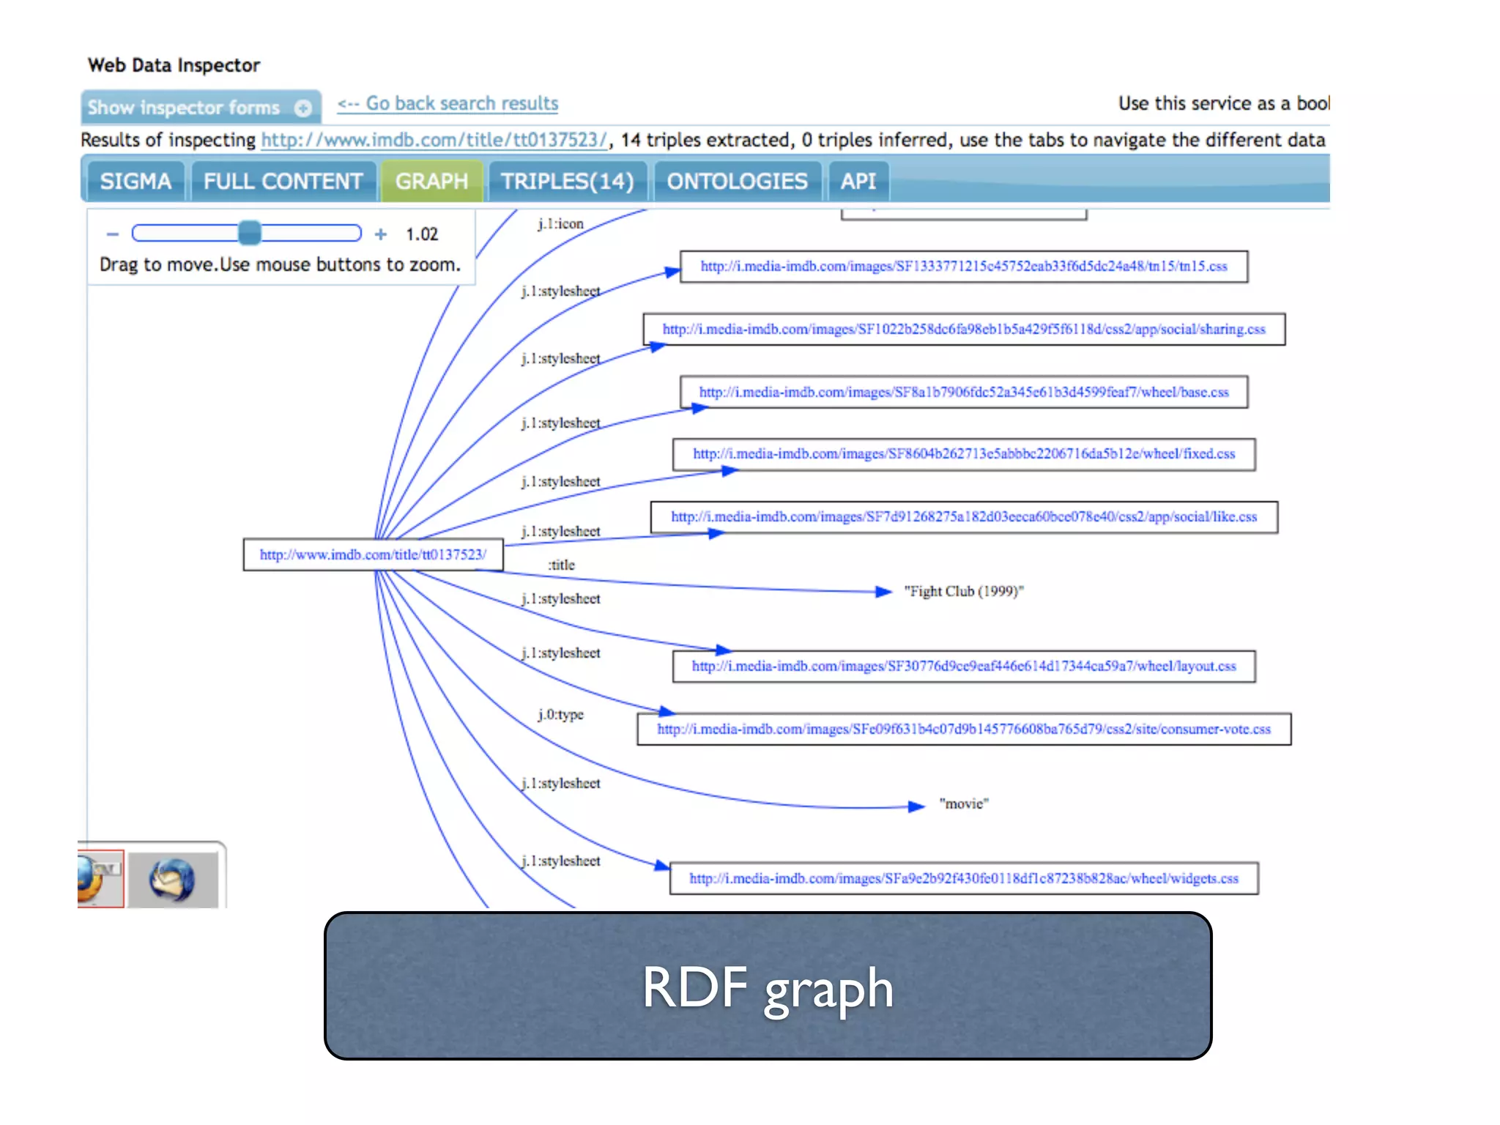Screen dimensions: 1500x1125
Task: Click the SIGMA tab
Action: click(135, 181)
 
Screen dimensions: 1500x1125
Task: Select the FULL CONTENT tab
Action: click(283, 181)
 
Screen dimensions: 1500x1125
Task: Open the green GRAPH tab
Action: click(431, 181)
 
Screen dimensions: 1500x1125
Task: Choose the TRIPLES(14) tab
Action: click(567, 181)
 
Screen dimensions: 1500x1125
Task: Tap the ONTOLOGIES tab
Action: click(737, 181)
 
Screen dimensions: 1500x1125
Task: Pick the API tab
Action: click(858, 181)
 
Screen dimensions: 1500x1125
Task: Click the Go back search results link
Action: click(448, 104)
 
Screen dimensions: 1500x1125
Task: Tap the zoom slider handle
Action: click(250, 233)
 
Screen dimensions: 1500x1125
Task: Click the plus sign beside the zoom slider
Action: click(381, 234)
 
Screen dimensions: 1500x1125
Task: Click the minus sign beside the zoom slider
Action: click(112, 234)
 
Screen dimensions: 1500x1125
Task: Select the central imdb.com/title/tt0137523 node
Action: click(373, 554)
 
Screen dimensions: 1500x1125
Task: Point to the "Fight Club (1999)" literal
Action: click(963, 591)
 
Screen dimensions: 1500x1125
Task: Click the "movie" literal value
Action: click(964, 803)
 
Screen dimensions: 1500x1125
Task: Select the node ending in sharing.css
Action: click(963, 330)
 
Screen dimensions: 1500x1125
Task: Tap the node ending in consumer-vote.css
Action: click(963, 729)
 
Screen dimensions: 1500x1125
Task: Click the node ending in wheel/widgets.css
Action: click(963, 878)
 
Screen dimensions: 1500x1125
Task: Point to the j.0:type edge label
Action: click(560, 714)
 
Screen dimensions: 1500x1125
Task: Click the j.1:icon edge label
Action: click(560, 223)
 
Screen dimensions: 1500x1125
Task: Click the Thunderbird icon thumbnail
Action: click(172, 880)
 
